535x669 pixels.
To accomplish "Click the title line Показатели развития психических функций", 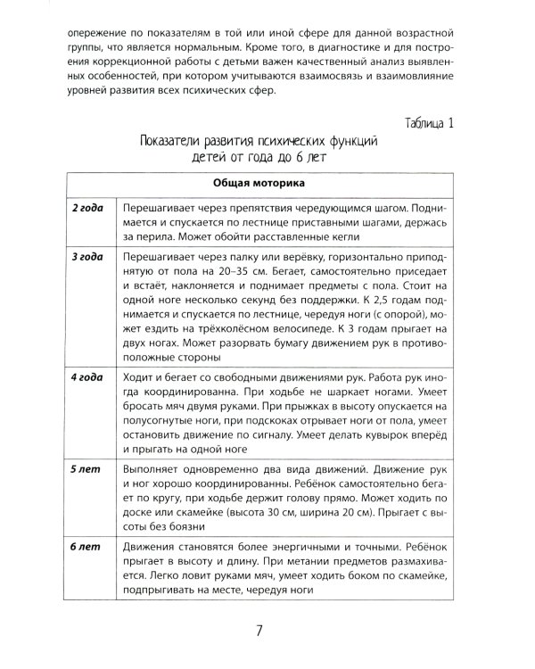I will click(x=260, y=141).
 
